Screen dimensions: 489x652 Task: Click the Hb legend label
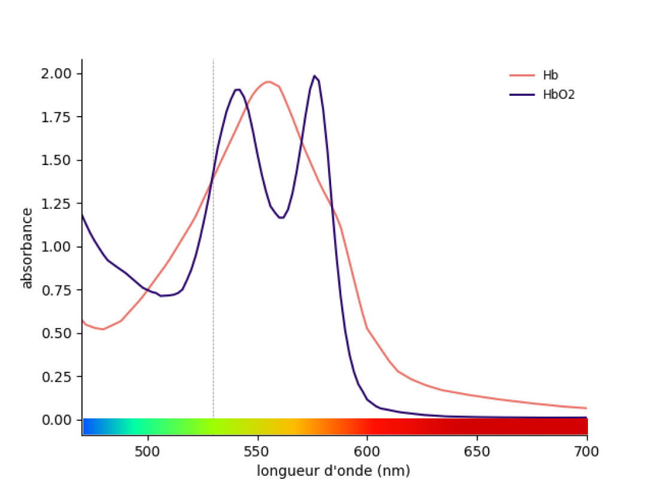coord(550,75)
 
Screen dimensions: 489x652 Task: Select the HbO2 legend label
coord(558,95)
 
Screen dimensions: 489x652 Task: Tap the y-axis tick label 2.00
coord(56,74)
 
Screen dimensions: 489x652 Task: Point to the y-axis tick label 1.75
coord(56,117)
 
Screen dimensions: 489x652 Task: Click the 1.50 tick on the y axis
coord(56,160)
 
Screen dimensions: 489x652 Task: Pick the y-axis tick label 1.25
coord(56,204)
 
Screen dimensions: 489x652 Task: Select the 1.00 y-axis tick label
coord(56,247)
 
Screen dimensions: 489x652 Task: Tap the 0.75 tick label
coord(56,290)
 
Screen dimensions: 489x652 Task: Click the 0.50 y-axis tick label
coord(56,333)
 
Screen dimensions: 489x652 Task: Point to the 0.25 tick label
coord(56,377)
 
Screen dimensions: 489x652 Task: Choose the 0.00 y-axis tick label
coord(56,420)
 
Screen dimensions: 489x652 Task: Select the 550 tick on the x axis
coord(257,451)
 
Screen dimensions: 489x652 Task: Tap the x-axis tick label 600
coord(367,451)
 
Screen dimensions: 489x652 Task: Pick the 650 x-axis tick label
coord(477,451)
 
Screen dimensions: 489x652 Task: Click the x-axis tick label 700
coord(586,451)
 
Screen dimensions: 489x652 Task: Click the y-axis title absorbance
coord(27,248)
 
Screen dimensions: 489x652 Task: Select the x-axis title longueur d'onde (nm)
coord(333,471)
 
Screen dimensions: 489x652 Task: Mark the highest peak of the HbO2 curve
coord(315,76)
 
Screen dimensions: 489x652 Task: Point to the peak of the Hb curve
coord(268,81)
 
